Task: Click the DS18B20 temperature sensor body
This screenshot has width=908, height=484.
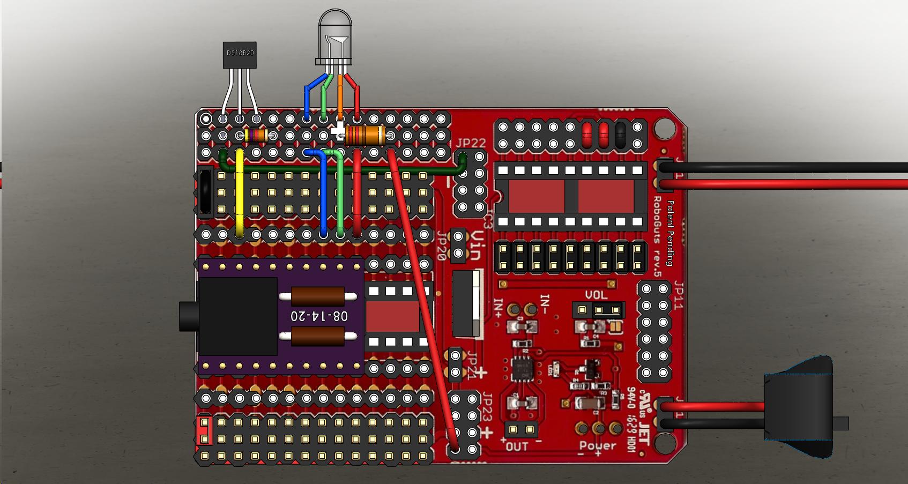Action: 240,55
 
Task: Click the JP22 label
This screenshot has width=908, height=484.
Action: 471,143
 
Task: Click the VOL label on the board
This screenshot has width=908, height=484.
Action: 596,295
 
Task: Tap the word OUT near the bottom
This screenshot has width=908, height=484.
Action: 517,446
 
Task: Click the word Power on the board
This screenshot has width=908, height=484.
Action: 598,446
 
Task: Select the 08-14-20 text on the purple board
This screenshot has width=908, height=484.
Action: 319,316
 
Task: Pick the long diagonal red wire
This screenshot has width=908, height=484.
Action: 423,300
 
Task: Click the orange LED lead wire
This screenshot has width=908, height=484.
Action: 340,96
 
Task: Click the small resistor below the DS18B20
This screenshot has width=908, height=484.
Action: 256,135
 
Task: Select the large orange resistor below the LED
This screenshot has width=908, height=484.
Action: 364,135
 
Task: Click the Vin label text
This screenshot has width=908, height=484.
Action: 478,247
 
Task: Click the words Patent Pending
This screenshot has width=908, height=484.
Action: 669,233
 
